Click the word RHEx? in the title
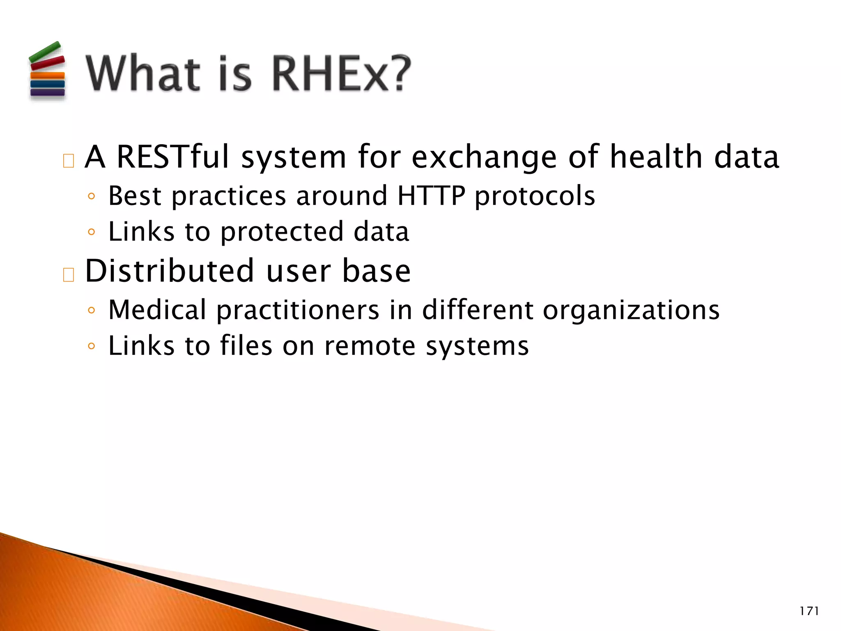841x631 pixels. coord(341,74)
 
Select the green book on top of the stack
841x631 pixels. coord(45,52)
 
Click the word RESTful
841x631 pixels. coord(173,157)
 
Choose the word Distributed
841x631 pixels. coord(169,271)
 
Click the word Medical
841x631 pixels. coord(157,310)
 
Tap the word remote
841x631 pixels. coord(370,346)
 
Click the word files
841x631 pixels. coord(246,345)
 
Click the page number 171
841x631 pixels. coord(809,611)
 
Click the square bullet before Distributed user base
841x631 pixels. coord(69,275)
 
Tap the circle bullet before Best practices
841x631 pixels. coord(91,196)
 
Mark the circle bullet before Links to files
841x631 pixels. coord(91,346)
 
